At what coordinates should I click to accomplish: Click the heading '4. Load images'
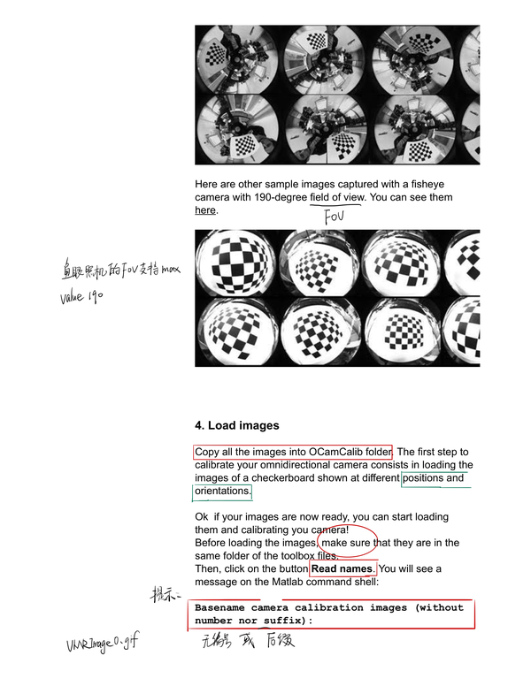click(236, 425)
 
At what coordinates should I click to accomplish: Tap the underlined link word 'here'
click(205, 210)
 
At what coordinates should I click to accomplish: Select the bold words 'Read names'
click(342, 568)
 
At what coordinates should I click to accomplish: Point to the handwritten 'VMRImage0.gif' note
click(102, 645)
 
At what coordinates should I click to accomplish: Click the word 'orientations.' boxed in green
click(222, 492)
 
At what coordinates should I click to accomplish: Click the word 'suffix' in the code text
click(278, 621)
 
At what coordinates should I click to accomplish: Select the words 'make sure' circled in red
click(346, 542)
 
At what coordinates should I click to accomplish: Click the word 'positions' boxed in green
click(425, 478)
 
